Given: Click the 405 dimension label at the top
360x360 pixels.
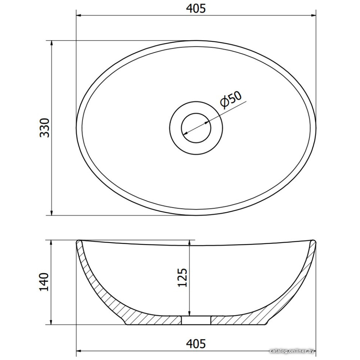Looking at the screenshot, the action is click(x=195, y=9).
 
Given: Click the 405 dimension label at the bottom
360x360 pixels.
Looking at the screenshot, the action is click(x=195, y=343).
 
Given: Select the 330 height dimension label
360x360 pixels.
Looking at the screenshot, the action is click(x=45, y=128).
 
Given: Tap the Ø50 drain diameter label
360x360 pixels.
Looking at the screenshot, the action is click(x=230, y=99).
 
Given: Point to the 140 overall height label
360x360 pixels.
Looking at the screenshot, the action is click(x=44, y=282).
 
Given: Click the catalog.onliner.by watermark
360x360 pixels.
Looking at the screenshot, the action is click(x=292, y=351).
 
